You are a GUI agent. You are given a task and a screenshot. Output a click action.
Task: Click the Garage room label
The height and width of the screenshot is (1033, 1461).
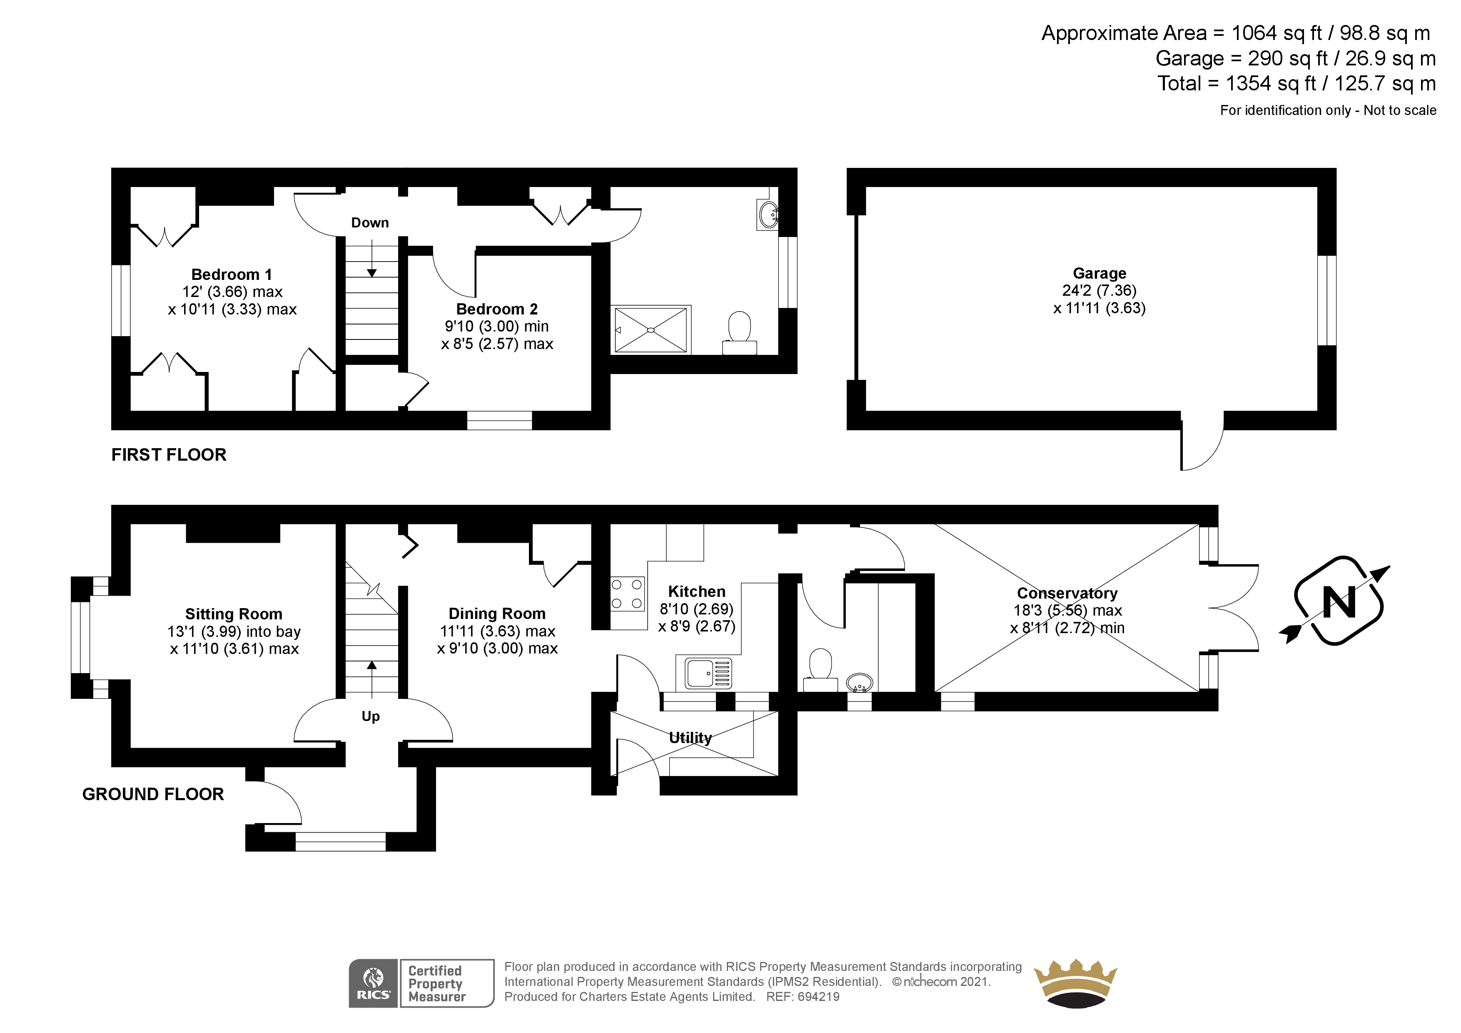point(1099,273)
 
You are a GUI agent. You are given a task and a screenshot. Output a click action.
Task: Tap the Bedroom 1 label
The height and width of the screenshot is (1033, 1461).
point(232,274)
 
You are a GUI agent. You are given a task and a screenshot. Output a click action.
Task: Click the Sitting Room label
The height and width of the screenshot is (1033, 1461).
point(234,614)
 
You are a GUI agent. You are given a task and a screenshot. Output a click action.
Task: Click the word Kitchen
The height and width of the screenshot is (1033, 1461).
point(697,591)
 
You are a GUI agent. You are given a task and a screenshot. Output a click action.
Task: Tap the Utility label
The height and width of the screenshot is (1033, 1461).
point(691,738)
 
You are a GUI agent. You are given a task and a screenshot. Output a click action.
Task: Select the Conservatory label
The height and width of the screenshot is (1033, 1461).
point(1067,593)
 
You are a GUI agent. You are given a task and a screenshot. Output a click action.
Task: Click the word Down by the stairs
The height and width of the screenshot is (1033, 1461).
point(370,223)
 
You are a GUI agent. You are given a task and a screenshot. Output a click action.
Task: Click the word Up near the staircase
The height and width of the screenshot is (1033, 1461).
point(370,717)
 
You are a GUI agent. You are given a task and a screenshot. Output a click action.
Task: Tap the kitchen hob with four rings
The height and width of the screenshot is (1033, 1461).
point(627,594)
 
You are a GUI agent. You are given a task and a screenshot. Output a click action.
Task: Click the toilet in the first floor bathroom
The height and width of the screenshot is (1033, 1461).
point(739,333)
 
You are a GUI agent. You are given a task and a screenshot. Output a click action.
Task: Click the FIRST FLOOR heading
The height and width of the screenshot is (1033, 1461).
point(169,454)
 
